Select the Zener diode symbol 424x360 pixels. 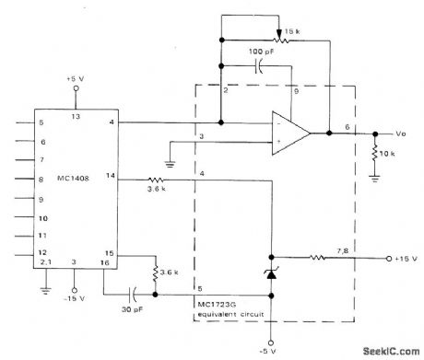coord(273,273)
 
